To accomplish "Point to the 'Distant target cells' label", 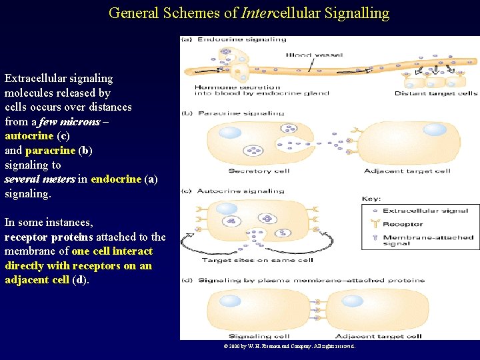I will coord(436,93).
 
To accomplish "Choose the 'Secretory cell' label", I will coord(259,171).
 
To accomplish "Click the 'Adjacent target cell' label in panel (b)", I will coord(407,171).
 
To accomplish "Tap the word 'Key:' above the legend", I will coord(371,199).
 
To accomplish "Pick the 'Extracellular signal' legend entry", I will coord(425,211).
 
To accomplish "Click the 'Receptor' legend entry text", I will coord(402,224).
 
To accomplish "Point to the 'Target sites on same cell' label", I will coord(257,260).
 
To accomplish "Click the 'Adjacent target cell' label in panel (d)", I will coord(378,336).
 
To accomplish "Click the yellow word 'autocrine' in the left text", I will coord(29,136).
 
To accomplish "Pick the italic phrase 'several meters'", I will coord(40,179).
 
